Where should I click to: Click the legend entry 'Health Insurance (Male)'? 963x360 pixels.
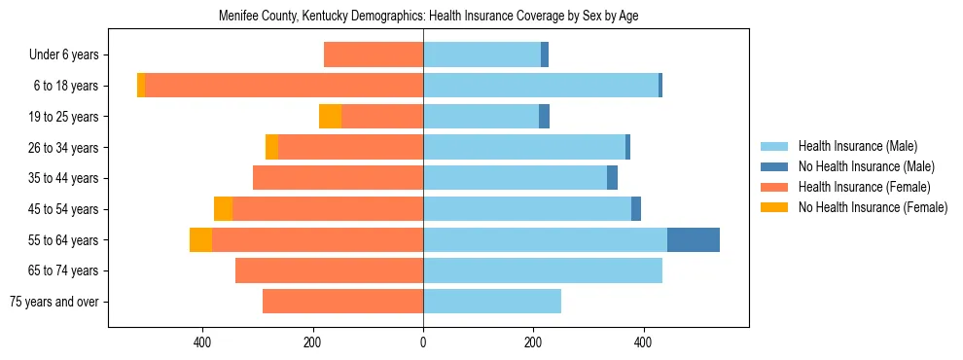click(x=857, y=147)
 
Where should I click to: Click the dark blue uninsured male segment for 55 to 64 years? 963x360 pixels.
click(x=694, y=239)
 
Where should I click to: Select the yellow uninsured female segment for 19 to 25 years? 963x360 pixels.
click(x=330, y=117)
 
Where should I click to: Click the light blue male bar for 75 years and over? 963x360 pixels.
click(x=492, y=302)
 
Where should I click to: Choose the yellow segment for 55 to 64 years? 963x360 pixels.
click(x=200, y=239)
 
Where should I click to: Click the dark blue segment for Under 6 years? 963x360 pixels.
click(x=545, y=55)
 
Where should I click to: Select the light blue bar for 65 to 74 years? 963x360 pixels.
click(x=543, y=270)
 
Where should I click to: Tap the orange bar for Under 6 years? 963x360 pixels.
click(x=374, y=55)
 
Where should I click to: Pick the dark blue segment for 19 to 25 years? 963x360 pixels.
click(x=545, y=117)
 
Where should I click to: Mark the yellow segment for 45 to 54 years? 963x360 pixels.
click(x=223, y=209)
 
